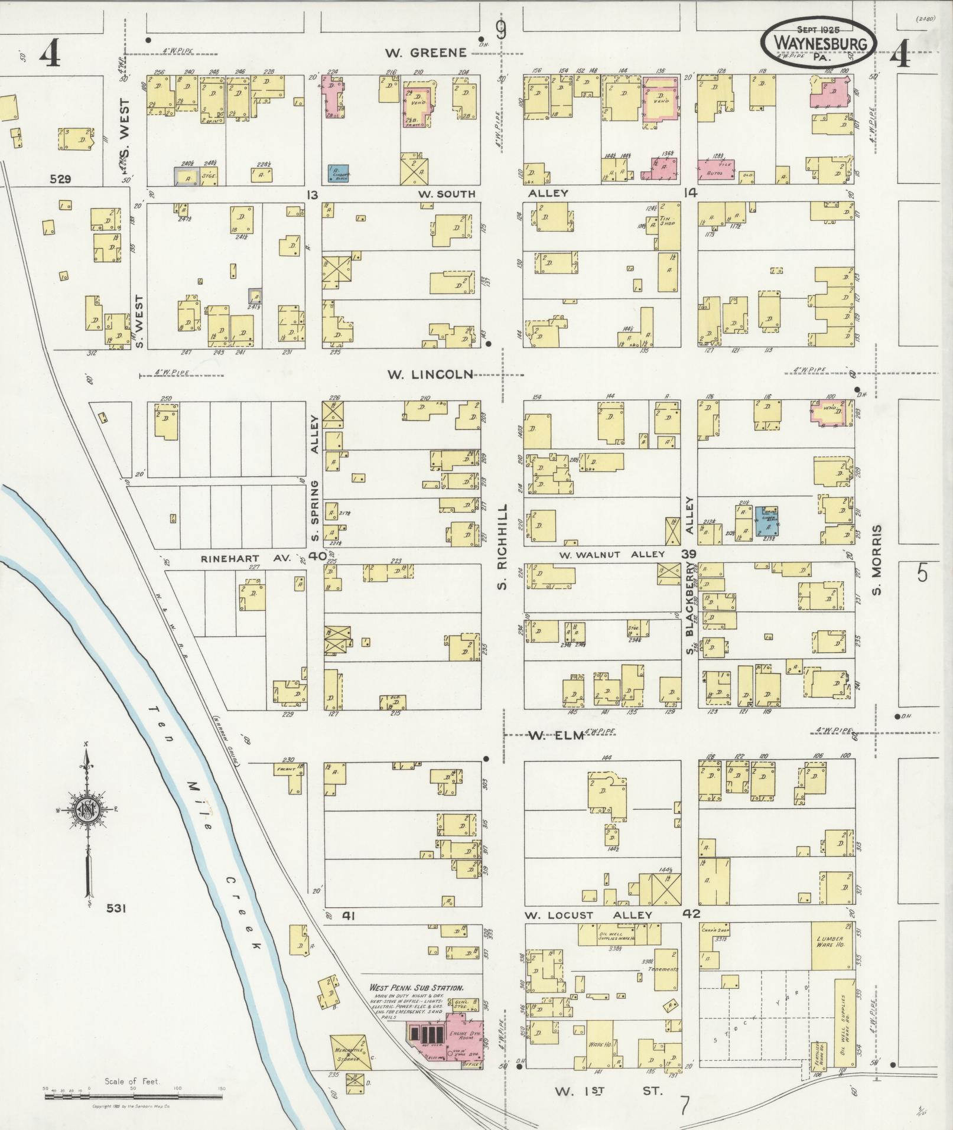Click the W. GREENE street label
(x=425, y=53)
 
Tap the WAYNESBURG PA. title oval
(x=818, y=42)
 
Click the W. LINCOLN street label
(x=430, y=375)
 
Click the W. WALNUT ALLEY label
(x=612, y=554)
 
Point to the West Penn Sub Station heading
(x=416, y=987)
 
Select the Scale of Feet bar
(x=134, y=1096)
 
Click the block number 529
(x=61, y=179)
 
